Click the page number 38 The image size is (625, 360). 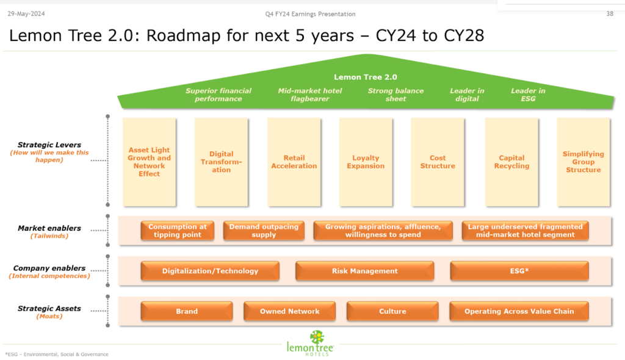point(610,14)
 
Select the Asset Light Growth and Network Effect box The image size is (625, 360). point(149,162)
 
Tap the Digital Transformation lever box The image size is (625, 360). point(221,162)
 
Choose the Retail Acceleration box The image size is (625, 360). point(294,162)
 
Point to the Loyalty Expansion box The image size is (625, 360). point(366,162)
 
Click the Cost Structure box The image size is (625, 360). point(438,162)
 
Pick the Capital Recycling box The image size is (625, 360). point(511,162)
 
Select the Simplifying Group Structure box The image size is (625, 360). point(583,162)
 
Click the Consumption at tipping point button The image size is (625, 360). point(178,231)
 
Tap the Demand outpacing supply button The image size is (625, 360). point(264,231)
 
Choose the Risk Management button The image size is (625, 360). point(364,271)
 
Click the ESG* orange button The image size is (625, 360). point(519,271)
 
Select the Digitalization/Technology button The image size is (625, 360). point(210,271)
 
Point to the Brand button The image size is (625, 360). point(187,311)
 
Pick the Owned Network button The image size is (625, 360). point(289,311)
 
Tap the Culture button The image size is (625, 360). point(392,311)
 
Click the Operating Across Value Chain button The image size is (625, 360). point(519,311)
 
